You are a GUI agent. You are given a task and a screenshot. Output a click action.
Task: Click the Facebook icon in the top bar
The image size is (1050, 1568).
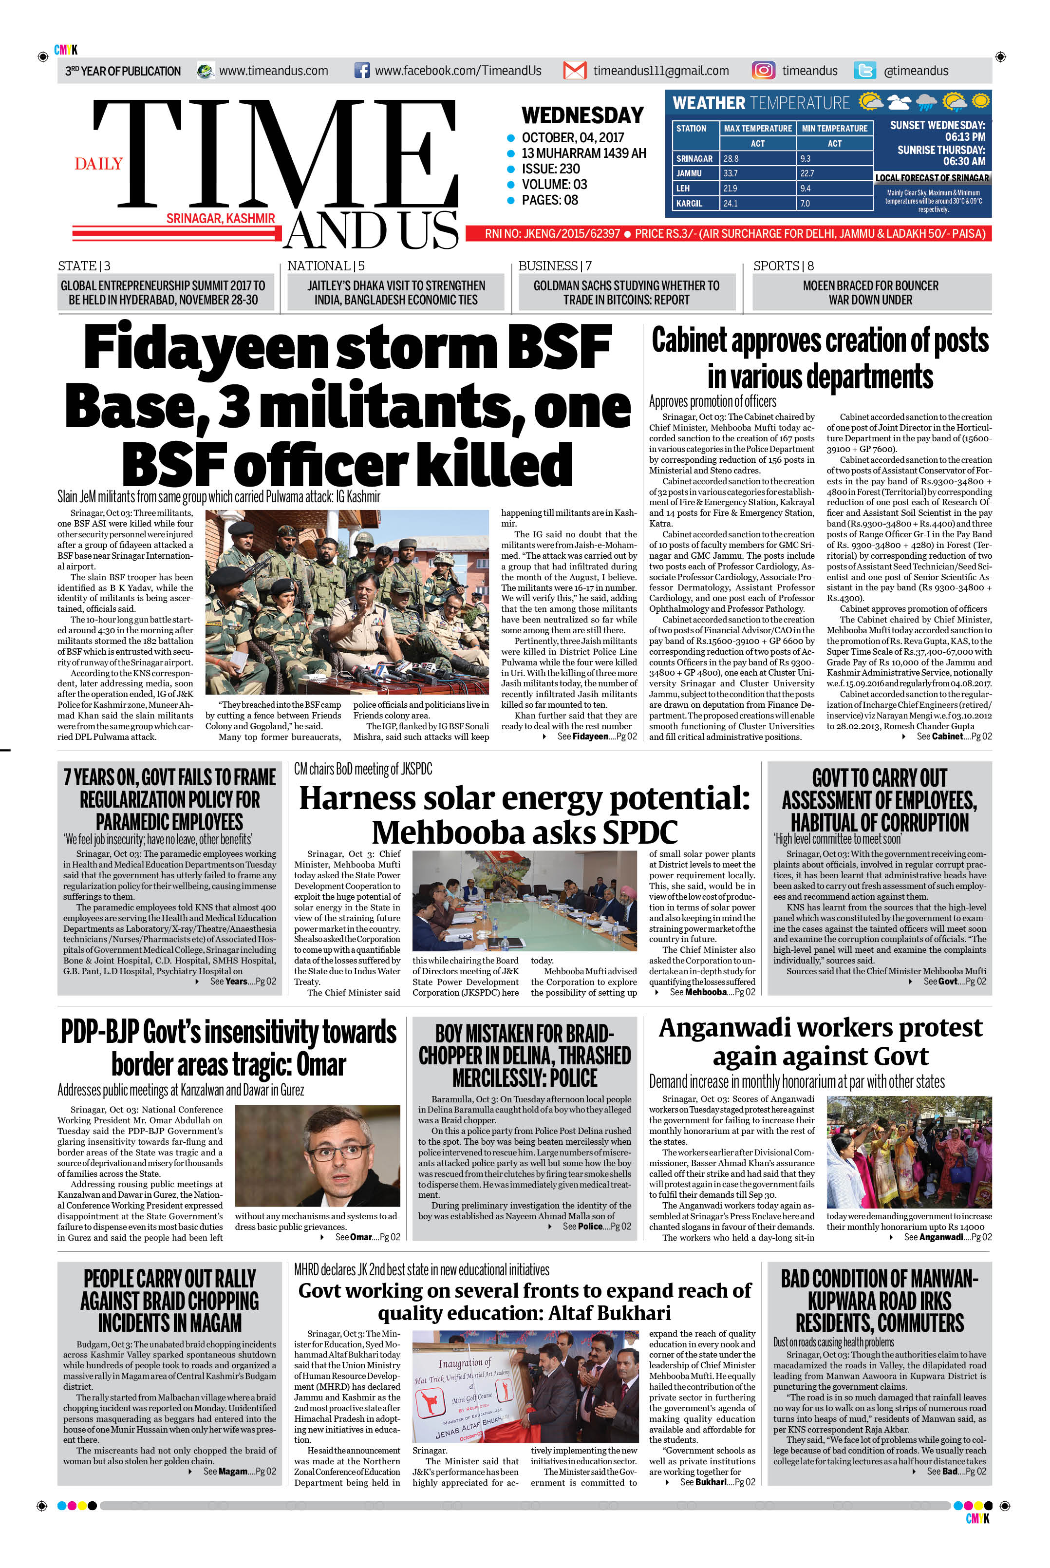coord(361,70)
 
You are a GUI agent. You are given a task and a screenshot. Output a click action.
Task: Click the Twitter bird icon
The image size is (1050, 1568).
coord(864,70)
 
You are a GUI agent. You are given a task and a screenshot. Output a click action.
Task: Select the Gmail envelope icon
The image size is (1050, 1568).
coord(575,70)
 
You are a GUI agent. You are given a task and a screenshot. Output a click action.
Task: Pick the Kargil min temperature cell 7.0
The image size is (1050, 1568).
coord(805,203)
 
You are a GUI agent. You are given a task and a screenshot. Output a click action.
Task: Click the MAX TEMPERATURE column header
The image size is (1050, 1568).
coord(757,128)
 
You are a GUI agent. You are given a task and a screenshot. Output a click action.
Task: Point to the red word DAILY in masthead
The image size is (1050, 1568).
coord(98,164)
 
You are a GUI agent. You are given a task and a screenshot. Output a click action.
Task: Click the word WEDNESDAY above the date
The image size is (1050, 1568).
coord(582,115)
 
